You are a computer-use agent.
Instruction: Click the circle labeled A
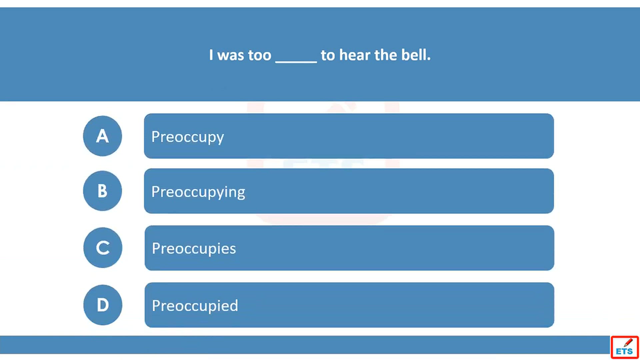coord(102,136)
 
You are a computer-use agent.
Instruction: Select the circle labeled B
coord(102,191)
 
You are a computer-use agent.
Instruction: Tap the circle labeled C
coord(103,248)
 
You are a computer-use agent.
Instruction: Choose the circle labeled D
coord(103,305)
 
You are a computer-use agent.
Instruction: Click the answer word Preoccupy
coord(188,137)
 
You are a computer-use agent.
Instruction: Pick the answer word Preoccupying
coord(198,192)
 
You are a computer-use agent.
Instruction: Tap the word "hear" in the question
coord(355,55)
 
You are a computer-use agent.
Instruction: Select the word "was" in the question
coord(231,56)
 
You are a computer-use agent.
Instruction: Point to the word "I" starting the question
coord(211,55)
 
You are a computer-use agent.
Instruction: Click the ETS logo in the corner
coord(625,347)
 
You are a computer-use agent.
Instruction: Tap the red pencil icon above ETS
coord(628,342)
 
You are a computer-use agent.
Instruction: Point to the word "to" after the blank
coord(328,55)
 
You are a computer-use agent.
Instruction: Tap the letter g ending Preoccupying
coord(241,194)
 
